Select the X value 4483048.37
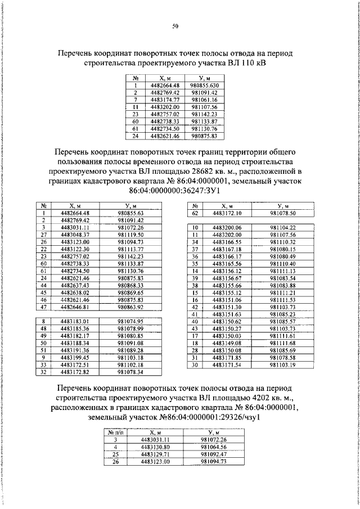74,234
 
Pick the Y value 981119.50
131,234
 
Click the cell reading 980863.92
131,307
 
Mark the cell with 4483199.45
74,358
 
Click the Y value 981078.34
131,372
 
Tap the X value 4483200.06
227,227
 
